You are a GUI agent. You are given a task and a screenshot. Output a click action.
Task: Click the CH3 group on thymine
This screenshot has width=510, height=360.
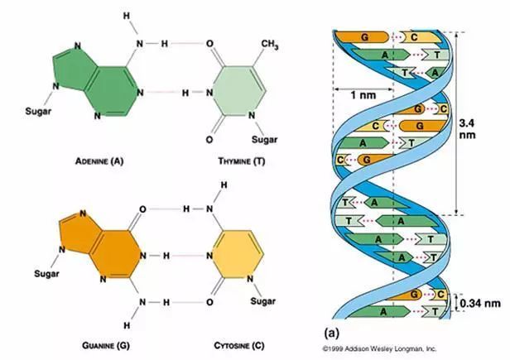point(269,44)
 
